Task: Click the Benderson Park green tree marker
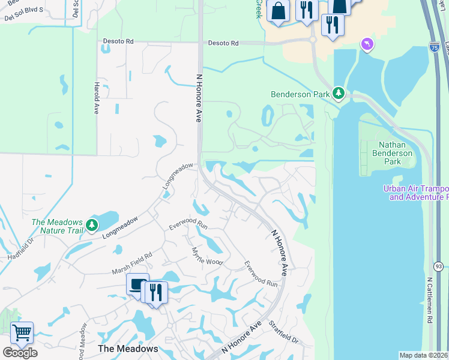[x=339, y=94]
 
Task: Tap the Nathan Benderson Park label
[x=396, y=154]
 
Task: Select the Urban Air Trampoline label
[x=416, y=193]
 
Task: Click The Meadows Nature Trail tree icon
[x=91, y=225]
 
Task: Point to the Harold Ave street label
[x=96, y=98]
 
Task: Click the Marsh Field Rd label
[x=132, y=263]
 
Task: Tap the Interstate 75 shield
[x=433, y=46]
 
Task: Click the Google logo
[x=20, y=352]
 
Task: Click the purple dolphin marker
[x=367, y=44]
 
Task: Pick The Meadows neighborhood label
[x=128, y=349]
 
